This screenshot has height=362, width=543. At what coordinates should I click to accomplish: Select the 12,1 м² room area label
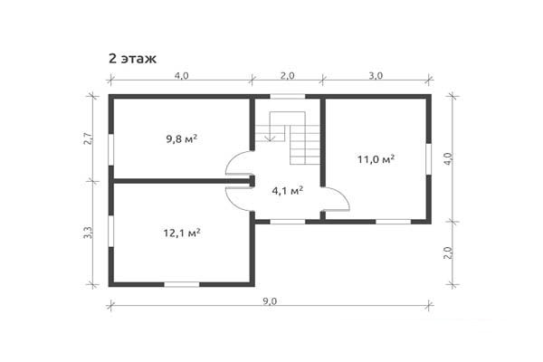pyautogui.click(x=182, y=232)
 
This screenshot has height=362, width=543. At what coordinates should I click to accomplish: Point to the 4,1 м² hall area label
pyautogui.click(x=287, y=190)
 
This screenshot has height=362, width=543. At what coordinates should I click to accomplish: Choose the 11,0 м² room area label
pyautogui.click(x=376, y=159)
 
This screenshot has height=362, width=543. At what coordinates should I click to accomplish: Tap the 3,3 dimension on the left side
pyautogui.click(x=88, y=233)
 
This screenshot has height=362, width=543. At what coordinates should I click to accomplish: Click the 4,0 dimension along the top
pyautogui.click(x=181, y=76)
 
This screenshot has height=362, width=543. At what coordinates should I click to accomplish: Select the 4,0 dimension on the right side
pyautogui.click(x=447, y=158)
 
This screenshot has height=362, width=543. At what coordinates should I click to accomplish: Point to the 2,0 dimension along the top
pyautogui.click(x=287, y=76)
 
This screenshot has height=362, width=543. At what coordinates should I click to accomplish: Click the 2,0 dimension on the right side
pyautogui.click(x=447, y=252)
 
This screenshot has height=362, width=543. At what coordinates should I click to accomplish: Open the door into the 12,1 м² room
pyautogui.click(x=240, y=197)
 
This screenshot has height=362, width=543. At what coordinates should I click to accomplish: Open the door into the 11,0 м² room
pyautogui.click(x=335, y=200)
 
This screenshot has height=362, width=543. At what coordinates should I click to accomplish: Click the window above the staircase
pyautogui.click(x=287, y=96)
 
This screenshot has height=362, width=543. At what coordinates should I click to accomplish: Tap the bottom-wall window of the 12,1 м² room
pyautogui.click(x=181, y=284)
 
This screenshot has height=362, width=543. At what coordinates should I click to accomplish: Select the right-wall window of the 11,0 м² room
pyautogui.click(x=429, y=158)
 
